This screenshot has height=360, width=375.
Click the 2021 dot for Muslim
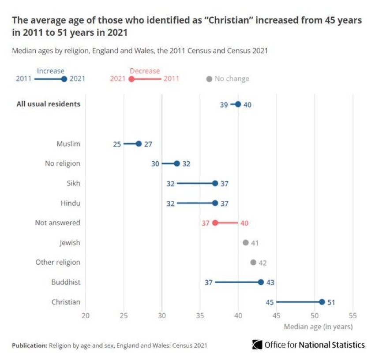click(139, 144)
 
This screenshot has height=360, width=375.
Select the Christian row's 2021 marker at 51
click(322, 302)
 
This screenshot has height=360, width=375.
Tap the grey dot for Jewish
click(246, 242)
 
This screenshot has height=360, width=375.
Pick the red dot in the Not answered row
click(215, 223)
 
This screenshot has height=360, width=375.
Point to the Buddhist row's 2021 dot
click(261, 282)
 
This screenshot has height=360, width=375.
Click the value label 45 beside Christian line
click(270, 302)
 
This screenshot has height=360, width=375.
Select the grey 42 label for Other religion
click(262, 263)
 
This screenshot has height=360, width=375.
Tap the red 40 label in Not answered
click(244, 223)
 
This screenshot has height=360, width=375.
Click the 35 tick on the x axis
click(200, 315)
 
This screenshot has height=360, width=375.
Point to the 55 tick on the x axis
click(352, 315)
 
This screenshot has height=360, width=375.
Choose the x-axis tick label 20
click(86, 315)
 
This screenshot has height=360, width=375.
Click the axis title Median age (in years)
click(318, 327)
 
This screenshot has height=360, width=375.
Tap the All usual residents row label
click(49, 104)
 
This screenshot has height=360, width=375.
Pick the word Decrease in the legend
click(145, 71)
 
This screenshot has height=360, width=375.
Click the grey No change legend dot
click(209, 79)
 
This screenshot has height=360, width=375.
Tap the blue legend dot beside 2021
click(64, 79)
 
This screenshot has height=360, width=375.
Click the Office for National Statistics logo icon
click(257, 345)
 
